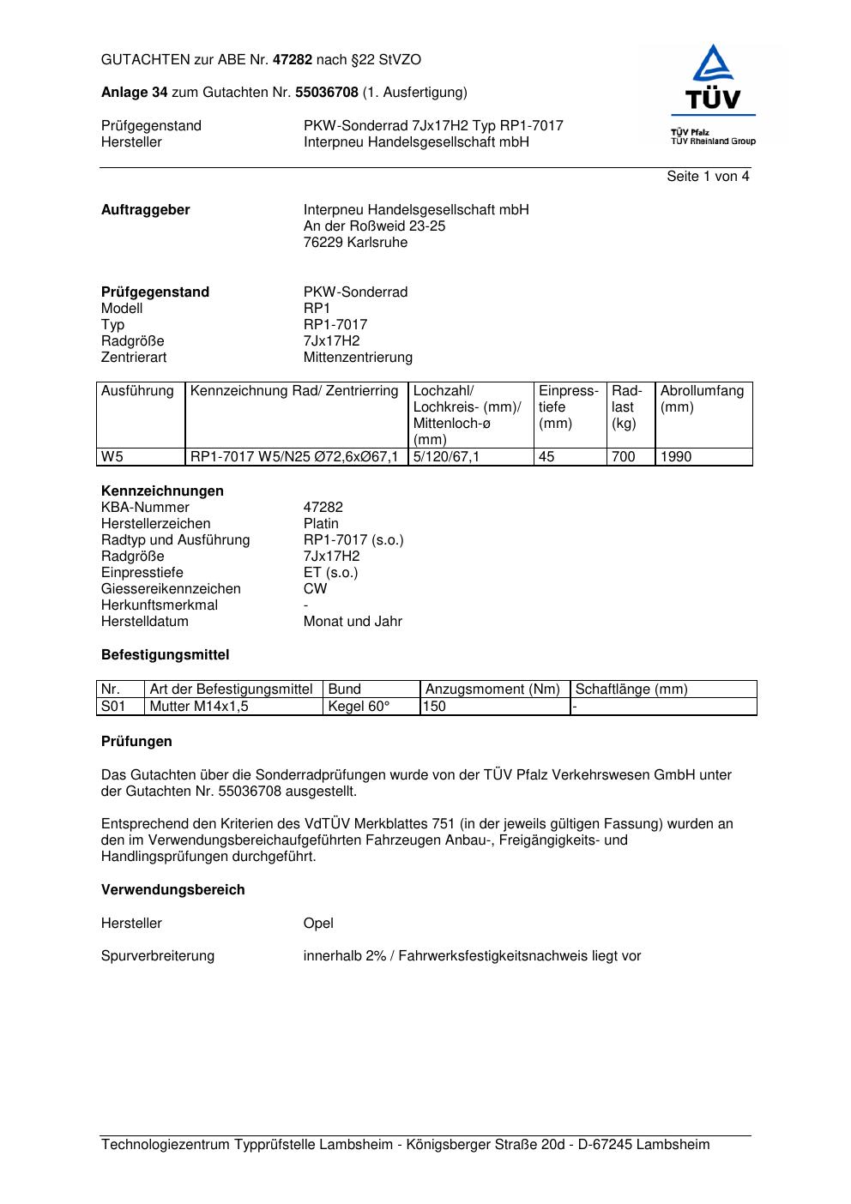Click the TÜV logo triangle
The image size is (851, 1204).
coord(712,65)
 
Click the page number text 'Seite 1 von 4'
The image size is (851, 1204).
coord(708,177)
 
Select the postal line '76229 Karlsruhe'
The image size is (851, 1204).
coord(355,243)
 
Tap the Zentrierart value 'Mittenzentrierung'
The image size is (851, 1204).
coord(358,358)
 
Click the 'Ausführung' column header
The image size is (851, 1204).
coord(137,391)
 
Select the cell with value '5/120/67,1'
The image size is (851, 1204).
coord(446,457)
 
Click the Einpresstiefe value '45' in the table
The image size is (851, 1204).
coord(546,457)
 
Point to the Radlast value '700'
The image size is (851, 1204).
coord(623,457)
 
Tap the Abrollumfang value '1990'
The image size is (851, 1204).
coord(676,457)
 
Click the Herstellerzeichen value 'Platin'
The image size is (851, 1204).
coord(321,524)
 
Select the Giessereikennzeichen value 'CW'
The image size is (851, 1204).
coord(315,589)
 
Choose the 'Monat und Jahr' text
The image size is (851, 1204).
coord(353,622)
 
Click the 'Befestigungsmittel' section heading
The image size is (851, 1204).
coord(165,655)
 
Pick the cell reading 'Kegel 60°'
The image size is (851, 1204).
coord(359,707)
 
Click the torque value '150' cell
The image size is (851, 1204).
coord(435,707)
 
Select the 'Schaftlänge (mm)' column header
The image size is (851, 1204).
coord(631,689)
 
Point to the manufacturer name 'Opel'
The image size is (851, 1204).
coord(318,924)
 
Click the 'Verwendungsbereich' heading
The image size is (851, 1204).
coord(172,890)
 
